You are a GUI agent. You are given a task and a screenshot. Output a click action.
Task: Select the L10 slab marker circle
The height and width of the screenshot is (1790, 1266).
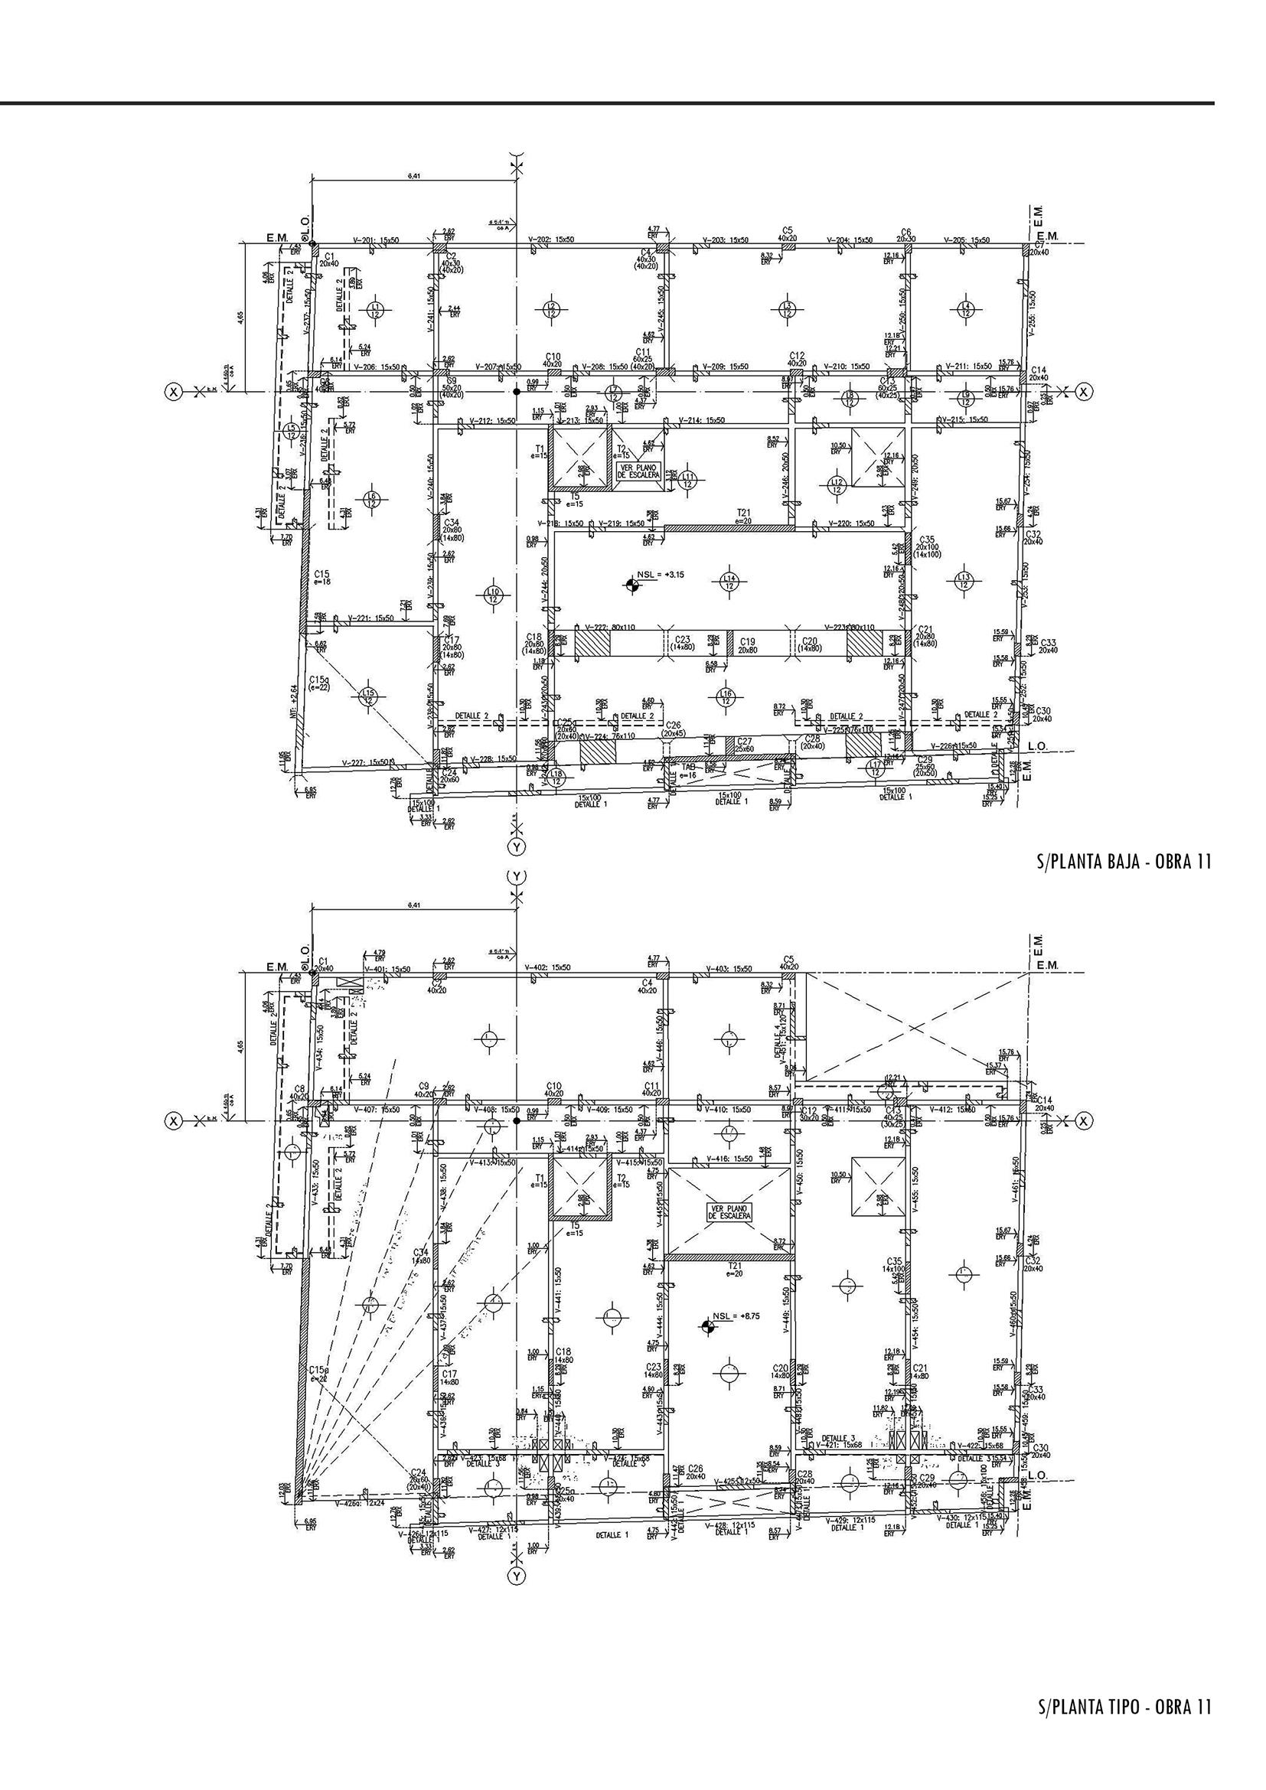click(x=493, y=596)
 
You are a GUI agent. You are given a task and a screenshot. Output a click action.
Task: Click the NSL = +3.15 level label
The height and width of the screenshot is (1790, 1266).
click(x=661, y=574)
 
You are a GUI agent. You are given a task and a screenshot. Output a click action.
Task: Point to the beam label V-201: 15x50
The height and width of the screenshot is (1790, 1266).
click(x=376, y=240)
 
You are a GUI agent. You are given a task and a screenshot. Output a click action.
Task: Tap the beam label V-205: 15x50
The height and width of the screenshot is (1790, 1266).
click(x=966, y=240)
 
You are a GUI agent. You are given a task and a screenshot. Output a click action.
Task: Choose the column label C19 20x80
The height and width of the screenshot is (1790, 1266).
click(x=746, y=644)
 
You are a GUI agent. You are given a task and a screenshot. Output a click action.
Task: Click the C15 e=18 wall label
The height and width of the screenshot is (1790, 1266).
click(x=323, y=578)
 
